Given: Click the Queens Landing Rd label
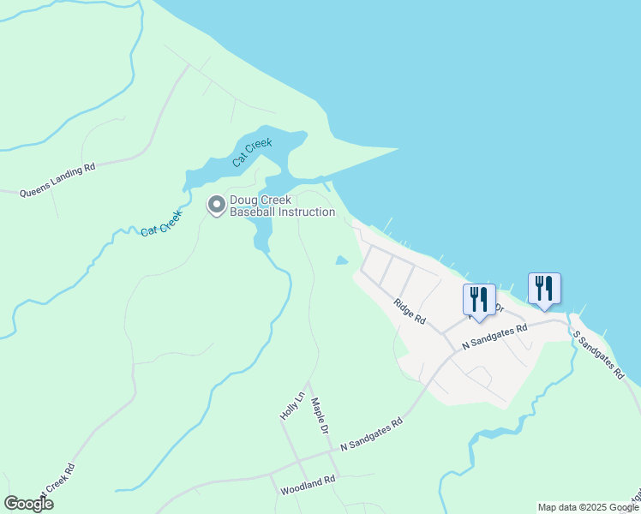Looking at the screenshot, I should [x=57, y=181].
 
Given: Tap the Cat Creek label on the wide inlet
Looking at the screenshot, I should [x=252, y=152].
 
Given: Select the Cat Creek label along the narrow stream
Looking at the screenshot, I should [x=163, y=224].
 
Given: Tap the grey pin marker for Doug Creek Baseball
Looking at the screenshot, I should [x=216, y=205].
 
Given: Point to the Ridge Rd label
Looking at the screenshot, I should [x=410, y=310].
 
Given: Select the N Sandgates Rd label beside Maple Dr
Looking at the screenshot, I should [x=371, y=434].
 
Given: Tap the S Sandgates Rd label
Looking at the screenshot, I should [x=597, y=356].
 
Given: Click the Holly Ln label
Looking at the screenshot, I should [x=292, y=404].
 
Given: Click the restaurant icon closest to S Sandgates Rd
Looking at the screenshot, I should [x=544, y=288].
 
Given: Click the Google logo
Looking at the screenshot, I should [x=29, y=503].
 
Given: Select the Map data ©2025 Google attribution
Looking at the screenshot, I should [x=588, y=507].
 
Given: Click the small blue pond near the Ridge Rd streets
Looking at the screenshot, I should [x=342, y=260].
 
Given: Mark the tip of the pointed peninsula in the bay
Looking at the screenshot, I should [x=398, y=150].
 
